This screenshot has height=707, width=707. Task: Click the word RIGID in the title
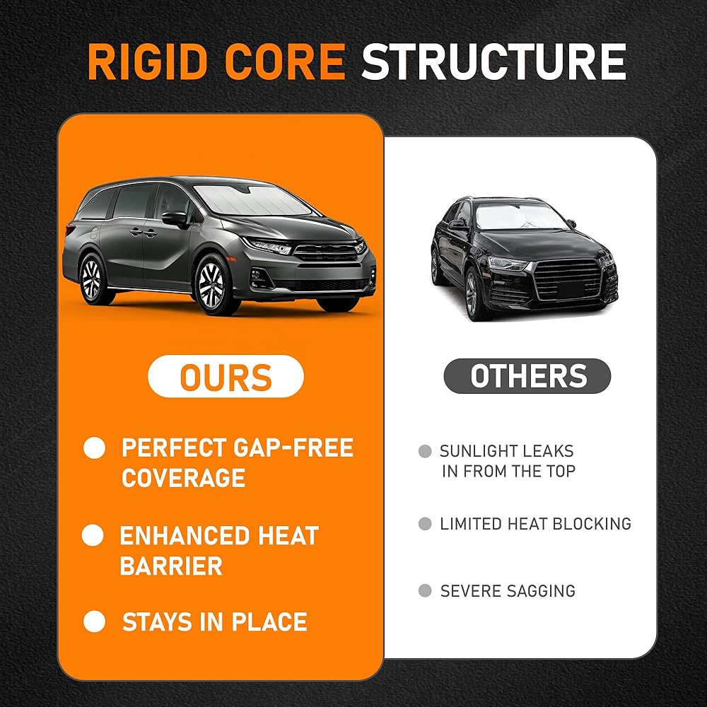tap(148, 62)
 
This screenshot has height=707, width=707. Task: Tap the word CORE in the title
tap(285, 62)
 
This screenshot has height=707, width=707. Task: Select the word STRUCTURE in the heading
tap(493, 62)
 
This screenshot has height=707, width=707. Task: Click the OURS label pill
tap(226, 376)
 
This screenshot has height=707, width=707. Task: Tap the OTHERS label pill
tap(527, 376)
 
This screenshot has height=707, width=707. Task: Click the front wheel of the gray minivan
tap(211, 284)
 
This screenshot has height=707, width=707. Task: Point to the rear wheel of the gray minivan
tap(92, 279)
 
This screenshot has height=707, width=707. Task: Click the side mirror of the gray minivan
tap(175, 219)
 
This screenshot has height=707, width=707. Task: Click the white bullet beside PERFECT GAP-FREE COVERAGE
tap(95, 448)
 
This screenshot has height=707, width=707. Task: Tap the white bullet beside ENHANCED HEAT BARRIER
tap(93, 535)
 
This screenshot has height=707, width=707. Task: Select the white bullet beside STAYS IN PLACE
tap(95, 621)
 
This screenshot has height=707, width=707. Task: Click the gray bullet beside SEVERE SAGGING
tap(425, 590)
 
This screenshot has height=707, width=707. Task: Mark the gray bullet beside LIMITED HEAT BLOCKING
tap(425, 523)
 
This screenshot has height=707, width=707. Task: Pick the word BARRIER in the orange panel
tap(171, 566)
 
